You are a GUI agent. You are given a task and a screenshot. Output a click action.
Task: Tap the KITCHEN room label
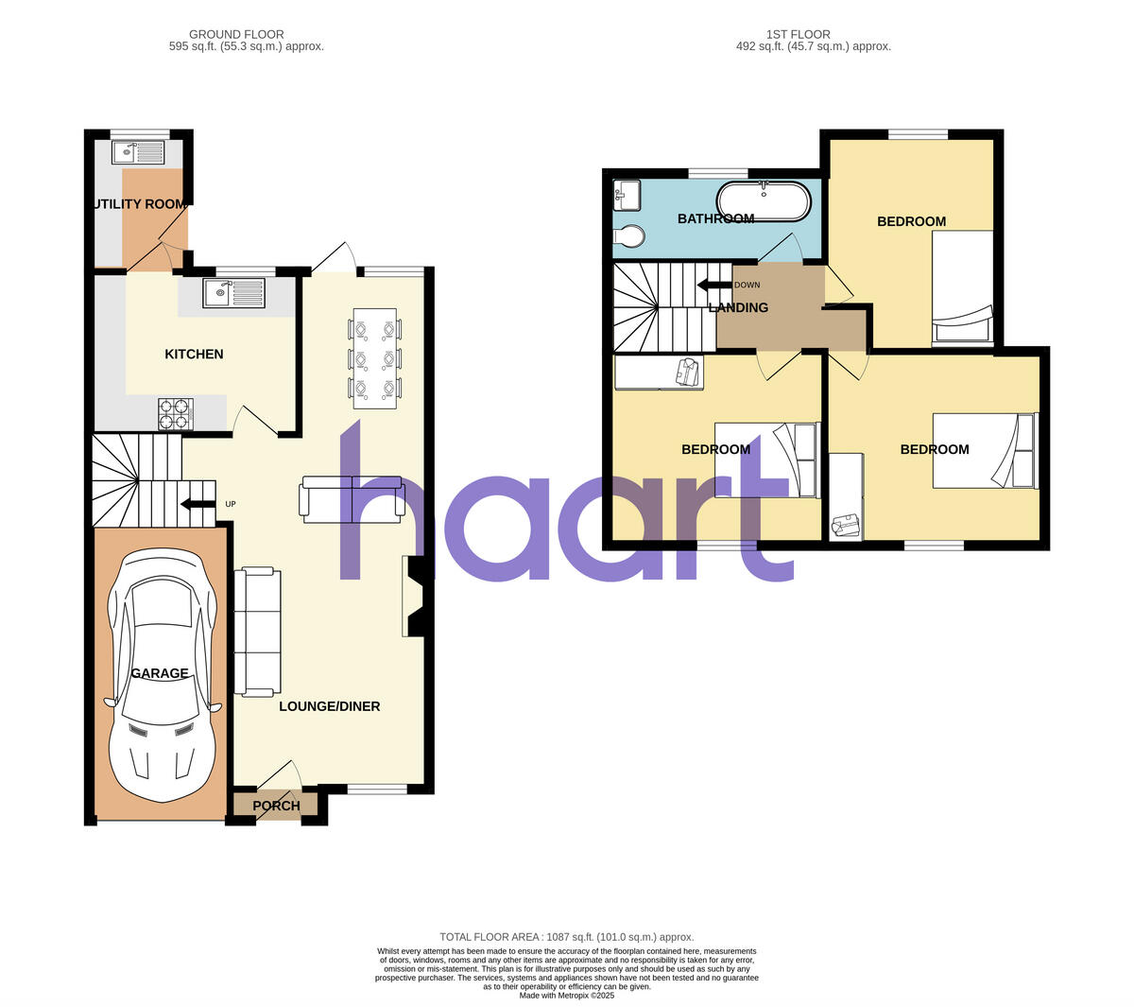pos(194,354)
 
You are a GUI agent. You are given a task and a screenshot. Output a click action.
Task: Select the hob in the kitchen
pos(175,413)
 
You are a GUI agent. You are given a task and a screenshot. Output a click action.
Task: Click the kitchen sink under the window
pos(235,293)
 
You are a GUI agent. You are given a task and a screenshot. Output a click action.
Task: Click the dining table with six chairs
pos(374,358)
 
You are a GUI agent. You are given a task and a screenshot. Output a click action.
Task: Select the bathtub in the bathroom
pos(764,200)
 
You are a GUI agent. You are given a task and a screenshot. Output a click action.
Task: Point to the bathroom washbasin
pos(627,195)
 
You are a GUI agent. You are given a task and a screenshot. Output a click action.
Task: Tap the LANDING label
pos(738,307)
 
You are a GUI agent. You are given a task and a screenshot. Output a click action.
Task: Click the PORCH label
pos(276,806)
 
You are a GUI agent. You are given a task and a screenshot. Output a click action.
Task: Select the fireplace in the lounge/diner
pos(414,597)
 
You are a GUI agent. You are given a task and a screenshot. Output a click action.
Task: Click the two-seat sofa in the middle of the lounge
pos(352,498)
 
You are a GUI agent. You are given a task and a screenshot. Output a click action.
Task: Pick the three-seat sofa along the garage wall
pos(258,631)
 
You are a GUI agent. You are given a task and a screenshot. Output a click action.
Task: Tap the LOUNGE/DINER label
pos(329,706)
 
